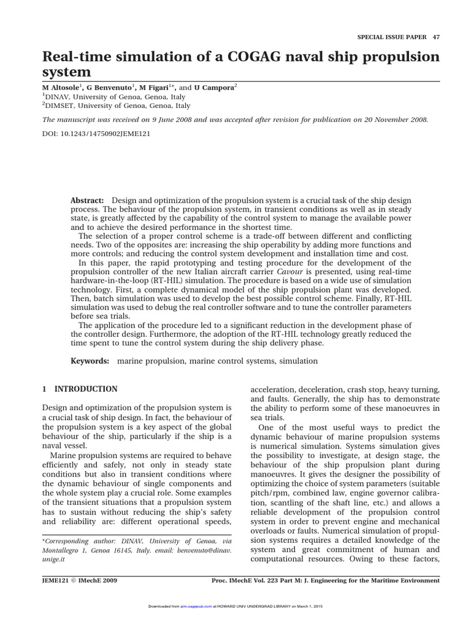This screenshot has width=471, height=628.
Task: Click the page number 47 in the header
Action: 435,37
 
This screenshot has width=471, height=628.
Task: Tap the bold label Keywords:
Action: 90,361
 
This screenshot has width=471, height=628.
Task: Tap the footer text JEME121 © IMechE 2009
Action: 79,580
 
